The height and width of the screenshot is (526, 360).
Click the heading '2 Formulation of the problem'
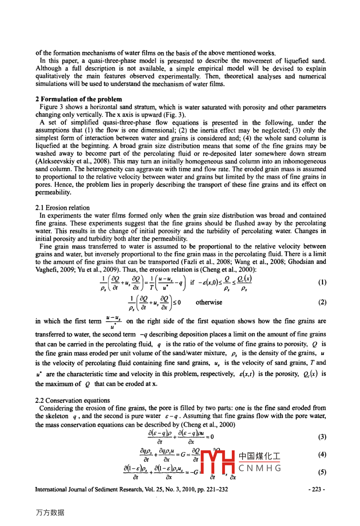tap(78, 99)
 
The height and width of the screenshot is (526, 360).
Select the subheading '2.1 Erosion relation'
tap(63, 208)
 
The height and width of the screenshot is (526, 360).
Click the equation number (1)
tap(322, 283)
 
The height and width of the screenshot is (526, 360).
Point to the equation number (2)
tap(322, 302)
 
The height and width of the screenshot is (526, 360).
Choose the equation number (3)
tap(322, 437)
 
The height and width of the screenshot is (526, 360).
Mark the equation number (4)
tap(322, 455)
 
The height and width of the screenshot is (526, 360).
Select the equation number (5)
tap(322, 473)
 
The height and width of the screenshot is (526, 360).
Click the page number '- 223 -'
tap(317, 489)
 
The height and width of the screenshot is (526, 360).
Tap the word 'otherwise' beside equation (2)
tap(209, 302)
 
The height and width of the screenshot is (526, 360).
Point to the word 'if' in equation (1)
tap(192, 283)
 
